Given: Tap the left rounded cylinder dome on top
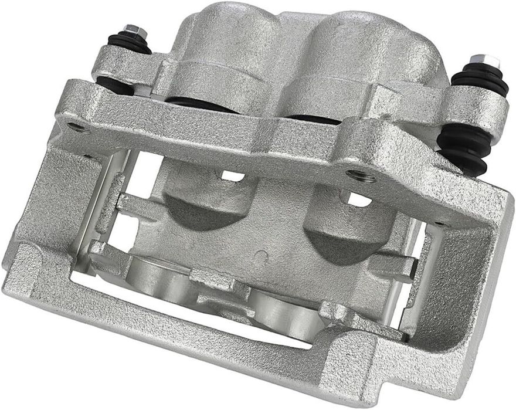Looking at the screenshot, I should click(226, 35).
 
